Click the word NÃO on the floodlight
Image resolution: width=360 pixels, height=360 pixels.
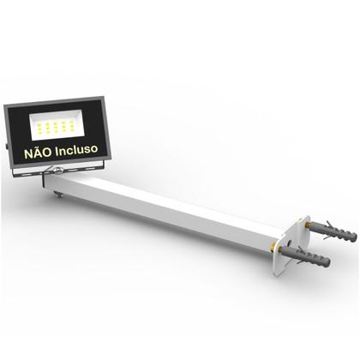pos(39,150)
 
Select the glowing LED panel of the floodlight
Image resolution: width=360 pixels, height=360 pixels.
pos(57,126)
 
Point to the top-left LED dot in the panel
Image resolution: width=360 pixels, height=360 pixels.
pos(39,119)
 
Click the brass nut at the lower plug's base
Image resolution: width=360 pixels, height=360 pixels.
pos(280,250)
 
